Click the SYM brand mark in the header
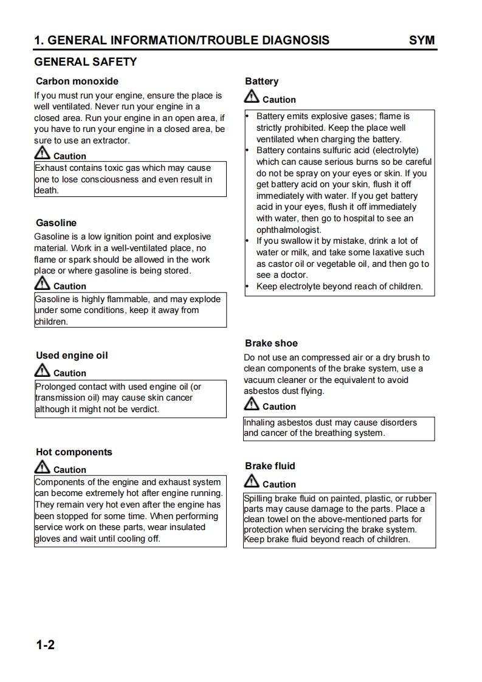(x=422, y=41)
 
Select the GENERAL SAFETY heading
(x=86, y=62)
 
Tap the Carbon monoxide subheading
(x=77, y=81)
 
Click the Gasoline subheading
(x=56, y=223)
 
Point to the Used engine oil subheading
(x=72, y=356)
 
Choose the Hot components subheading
(x=74, y=452)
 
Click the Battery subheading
(x=262, y=81)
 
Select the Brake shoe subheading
(x=271, y=343)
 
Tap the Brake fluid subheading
(x=270, y=466)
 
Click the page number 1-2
(x=46, y=645)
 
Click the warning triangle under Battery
(x=252, y=97)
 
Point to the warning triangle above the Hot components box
(x=43, y=467)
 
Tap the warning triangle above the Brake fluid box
(x=252, y=481)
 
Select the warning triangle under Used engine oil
(x=43, y=370)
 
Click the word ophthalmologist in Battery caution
(x=289, y=230)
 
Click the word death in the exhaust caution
(x=47, y=190)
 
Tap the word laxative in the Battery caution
(x=385, y=253)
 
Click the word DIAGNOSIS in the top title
(x=295, y=41)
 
